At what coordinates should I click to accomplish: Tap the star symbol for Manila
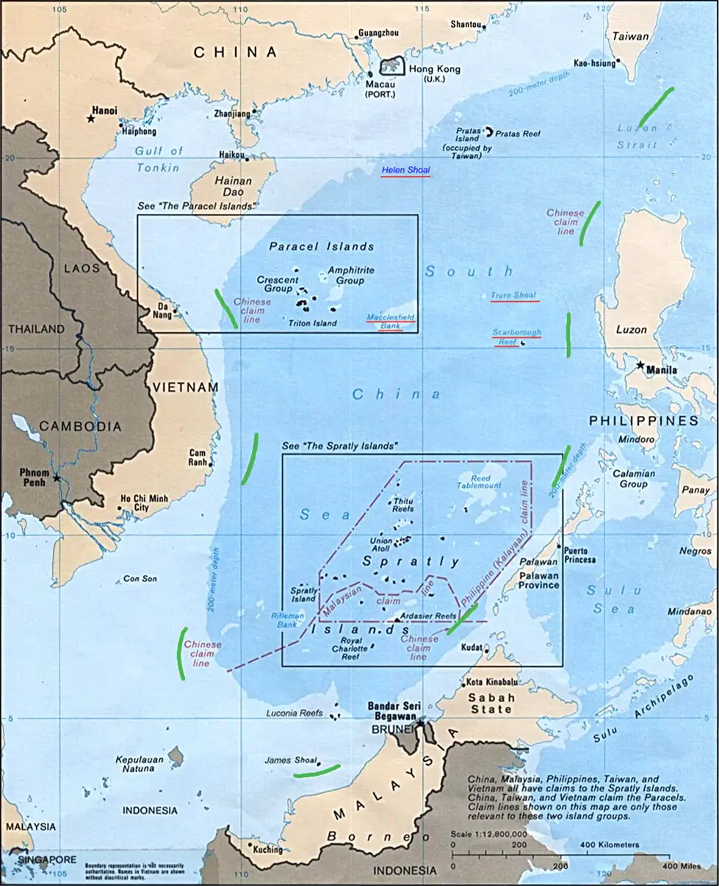tap(641, 364)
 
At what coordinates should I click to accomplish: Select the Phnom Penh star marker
tap(57, 478)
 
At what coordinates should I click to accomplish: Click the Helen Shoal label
tap(405, 170)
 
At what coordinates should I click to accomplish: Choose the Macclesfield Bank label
tap(391, 320)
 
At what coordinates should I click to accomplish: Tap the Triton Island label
tap(313, 323)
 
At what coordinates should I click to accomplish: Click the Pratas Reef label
tap(518, 134)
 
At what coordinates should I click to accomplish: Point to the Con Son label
tap(140, 579)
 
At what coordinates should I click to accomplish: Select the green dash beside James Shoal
tap(318, 771)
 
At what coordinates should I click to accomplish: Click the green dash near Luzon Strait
tap(655, 107)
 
